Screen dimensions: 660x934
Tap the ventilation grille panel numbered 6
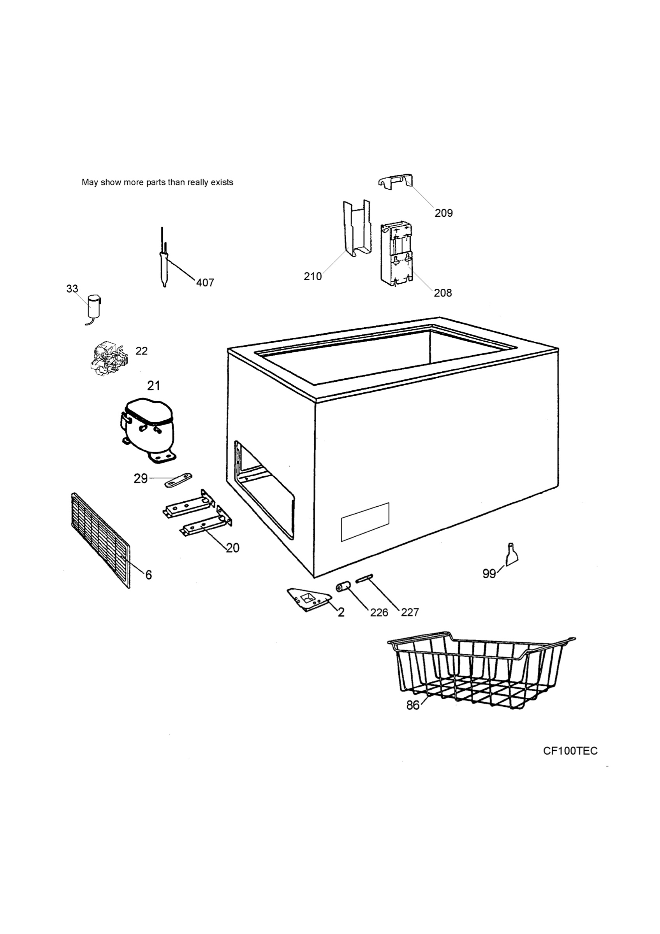[101, 540]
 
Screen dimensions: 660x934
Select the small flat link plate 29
[178, 479]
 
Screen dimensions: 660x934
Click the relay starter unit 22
[109, 358]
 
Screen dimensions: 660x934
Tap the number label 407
[205, 283]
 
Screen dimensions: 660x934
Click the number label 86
[413, 705]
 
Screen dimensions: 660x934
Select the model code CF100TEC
[570, 751]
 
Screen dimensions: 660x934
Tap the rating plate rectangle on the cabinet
[365, 522]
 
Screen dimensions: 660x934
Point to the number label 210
[313, 277]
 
